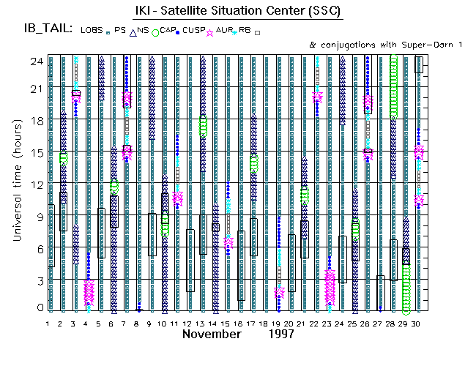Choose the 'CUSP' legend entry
click(193, 30)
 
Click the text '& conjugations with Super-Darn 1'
click(387, 45)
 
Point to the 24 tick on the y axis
click(34, 61)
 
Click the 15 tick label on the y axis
click(34, 152)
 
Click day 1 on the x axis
click(48, 323)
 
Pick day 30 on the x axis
click(417, 323)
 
